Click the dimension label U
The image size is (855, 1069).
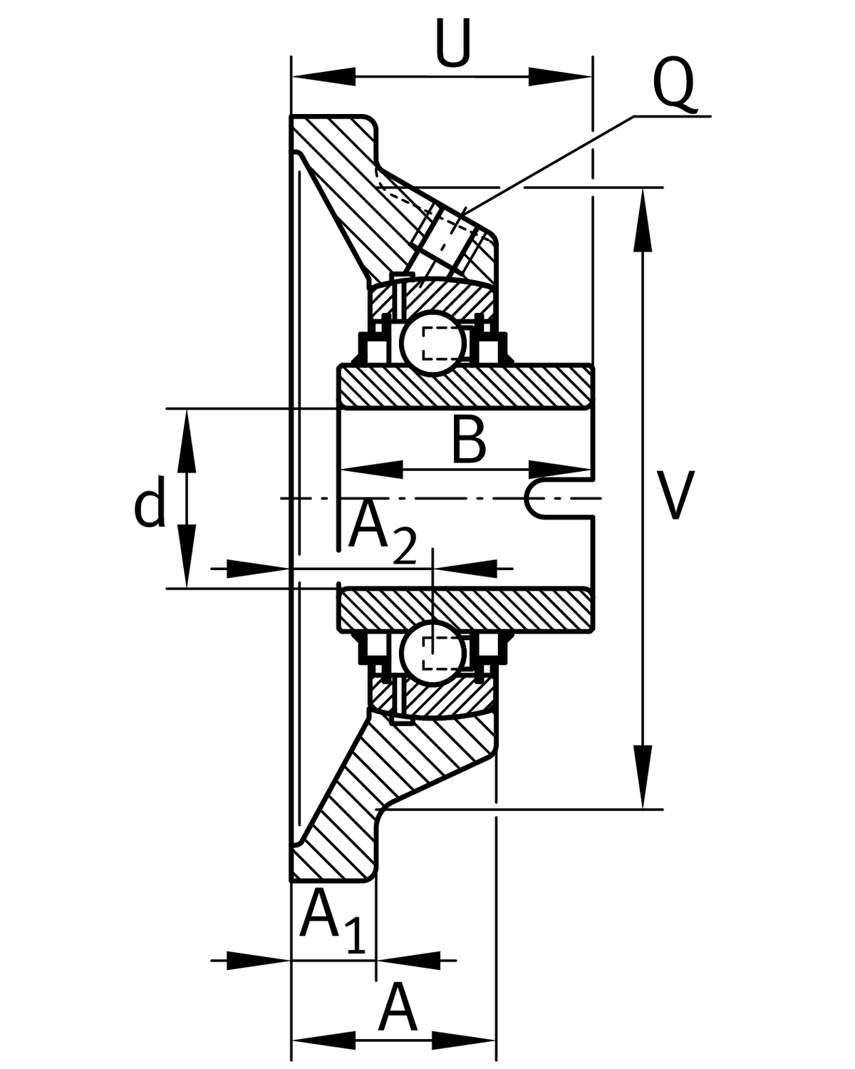pyautogui.click(x=452, y=45)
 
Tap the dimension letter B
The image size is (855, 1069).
pyautogui.click(x=469, y=441)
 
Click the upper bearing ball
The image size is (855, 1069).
pyautogui.click(x=432, y=343)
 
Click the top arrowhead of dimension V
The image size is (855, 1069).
pyautogui.click(x=643, y=220)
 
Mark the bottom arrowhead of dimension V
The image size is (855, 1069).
pyautogui.click(x=643, y=777)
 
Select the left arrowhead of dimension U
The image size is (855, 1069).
pyautogui.click(x=324, y=76)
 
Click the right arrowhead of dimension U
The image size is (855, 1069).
pyautogui.click(x=560, y=76)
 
